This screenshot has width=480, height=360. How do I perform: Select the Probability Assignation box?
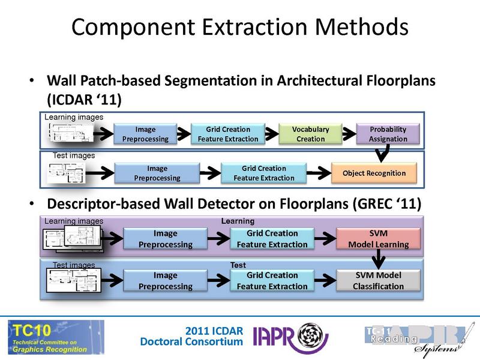(388, 134)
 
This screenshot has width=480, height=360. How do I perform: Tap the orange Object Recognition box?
(374, 173)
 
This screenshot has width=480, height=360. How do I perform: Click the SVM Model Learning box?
(378, 238)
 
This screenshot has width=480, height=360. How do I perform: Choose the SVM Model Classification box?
(378, 280)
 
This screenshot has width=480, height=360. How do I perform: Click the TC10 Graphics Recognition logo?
(56, 337)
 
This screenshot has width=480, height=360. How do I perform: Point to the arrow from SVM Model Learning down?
(378, 259)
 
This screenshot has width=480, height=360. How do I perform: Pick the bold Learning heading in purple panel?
(238, 221)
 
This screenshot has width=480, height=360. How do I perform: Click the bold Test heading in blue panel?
(238, 264)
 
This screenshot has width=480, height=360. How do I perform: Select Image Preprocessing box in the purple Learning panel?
(166, 238)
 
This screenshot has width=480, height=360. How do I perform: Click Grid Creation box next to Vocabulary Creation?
(228, 134)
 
